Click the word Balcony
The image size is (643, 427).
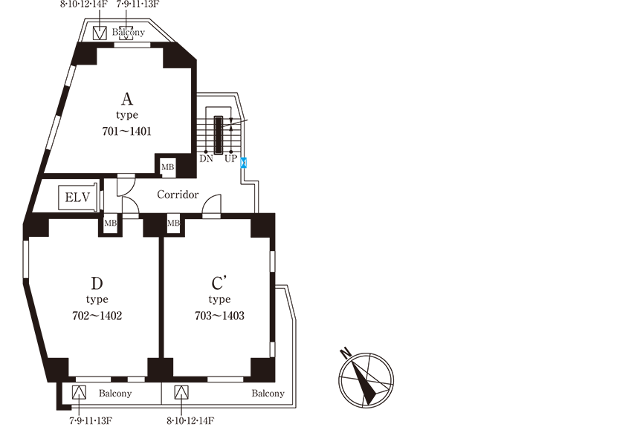click(x=129, y=33)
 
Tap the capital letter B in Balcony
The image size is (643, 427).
click(x=115, y=33)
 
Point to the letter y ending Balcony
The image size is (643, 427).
click(x=142, y=33)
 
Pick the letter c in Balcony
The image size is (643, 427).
click(x=128, y=33)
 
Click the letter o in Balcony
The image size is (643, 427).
click(x=132, y=33)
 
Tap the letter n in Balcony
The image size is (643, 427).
click(x=138, y=33)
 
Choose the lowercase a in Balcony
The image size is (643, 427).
click(x=120, y=33)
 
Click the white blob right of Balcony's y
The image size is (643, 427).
click(x=148, y=33)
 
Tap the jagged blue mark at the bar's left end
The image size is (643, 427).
click(x=242, y=163)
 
